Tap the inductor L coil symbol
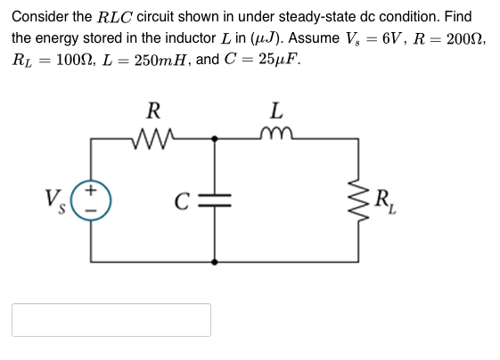pos(277,136)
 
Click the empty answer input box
pos(111,320)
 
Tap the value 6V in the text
pos(388,40)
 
